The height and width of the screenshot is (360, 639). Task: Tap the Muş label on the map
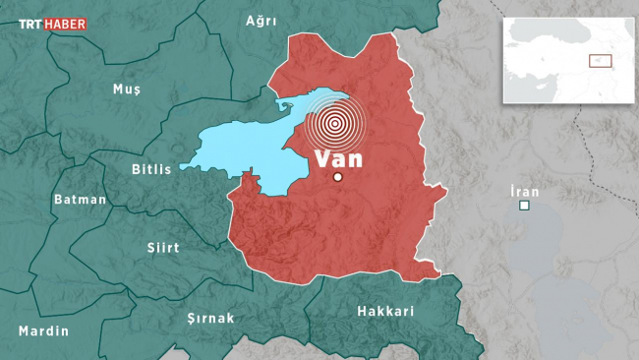[x=127, y=89]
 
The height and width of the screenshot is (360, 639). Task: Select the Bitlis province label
[x=151, y=169]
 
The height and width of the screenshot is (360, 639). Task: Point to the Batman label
[x=80, y=199]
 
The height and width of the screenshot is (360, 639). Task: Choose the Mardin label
[x=44, y=330]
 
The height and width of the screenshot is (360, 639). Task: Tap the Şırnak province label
[x=210, y=318]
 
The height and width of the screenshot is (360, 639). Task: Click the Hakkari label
[x=386, y=311]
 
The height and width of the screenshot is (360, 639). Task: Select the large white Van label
[x=338, y=157]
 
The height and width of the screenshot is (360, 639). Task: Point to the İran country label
[x=525, y=191]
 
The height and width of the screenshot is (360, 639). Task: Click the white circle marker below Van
[x=338, y=178]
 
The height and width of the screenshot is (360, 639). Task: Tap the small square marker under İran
[x=525, y=206]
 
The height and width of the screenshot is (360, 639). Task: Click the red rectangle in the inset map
[x=600, y=61]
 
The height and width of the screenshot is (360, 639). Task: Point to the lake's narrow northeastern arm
[x=295, y=104]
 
